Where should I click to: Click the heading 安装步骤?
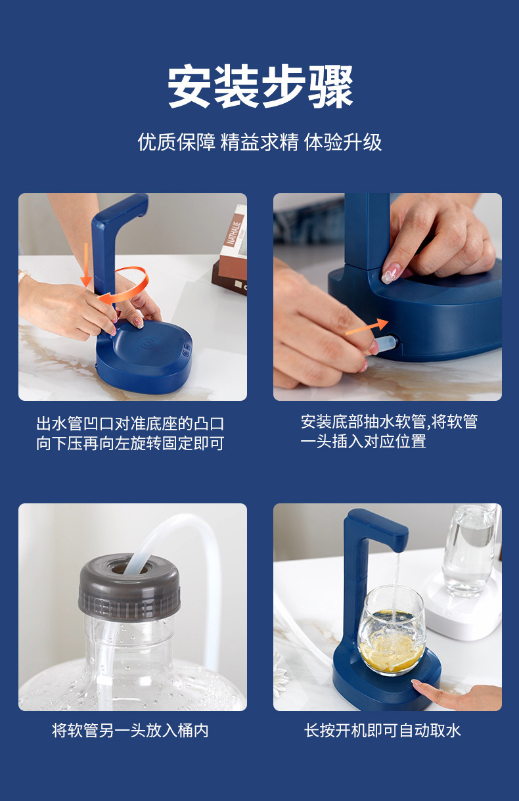(x=260, y=87)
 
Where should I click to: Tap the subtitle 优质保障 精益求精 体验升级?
(x=260, y=142)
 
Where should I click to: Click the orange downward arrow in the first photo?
(x=86, y=265)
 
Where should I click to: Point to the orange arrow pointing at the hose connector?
(x=367, y=327)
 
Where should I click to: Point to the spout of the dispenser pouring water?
(x=397, y=543)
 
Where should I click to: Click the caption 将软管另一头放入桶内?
(x=130, y=730)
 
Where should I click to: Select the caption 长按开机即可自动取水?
(x=382, y=730)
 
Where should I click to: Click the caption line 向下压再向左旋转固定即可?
(x=130, y=443)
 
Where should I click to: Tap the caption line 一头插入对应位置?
(x=363, y=441)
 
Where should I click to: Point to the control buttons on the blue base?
(x=187, y=349)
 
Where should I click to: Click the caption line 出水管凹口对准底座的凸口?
(x=130, y=424)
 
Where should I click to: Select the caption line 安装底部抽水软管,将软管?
(x=389, y=422)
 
